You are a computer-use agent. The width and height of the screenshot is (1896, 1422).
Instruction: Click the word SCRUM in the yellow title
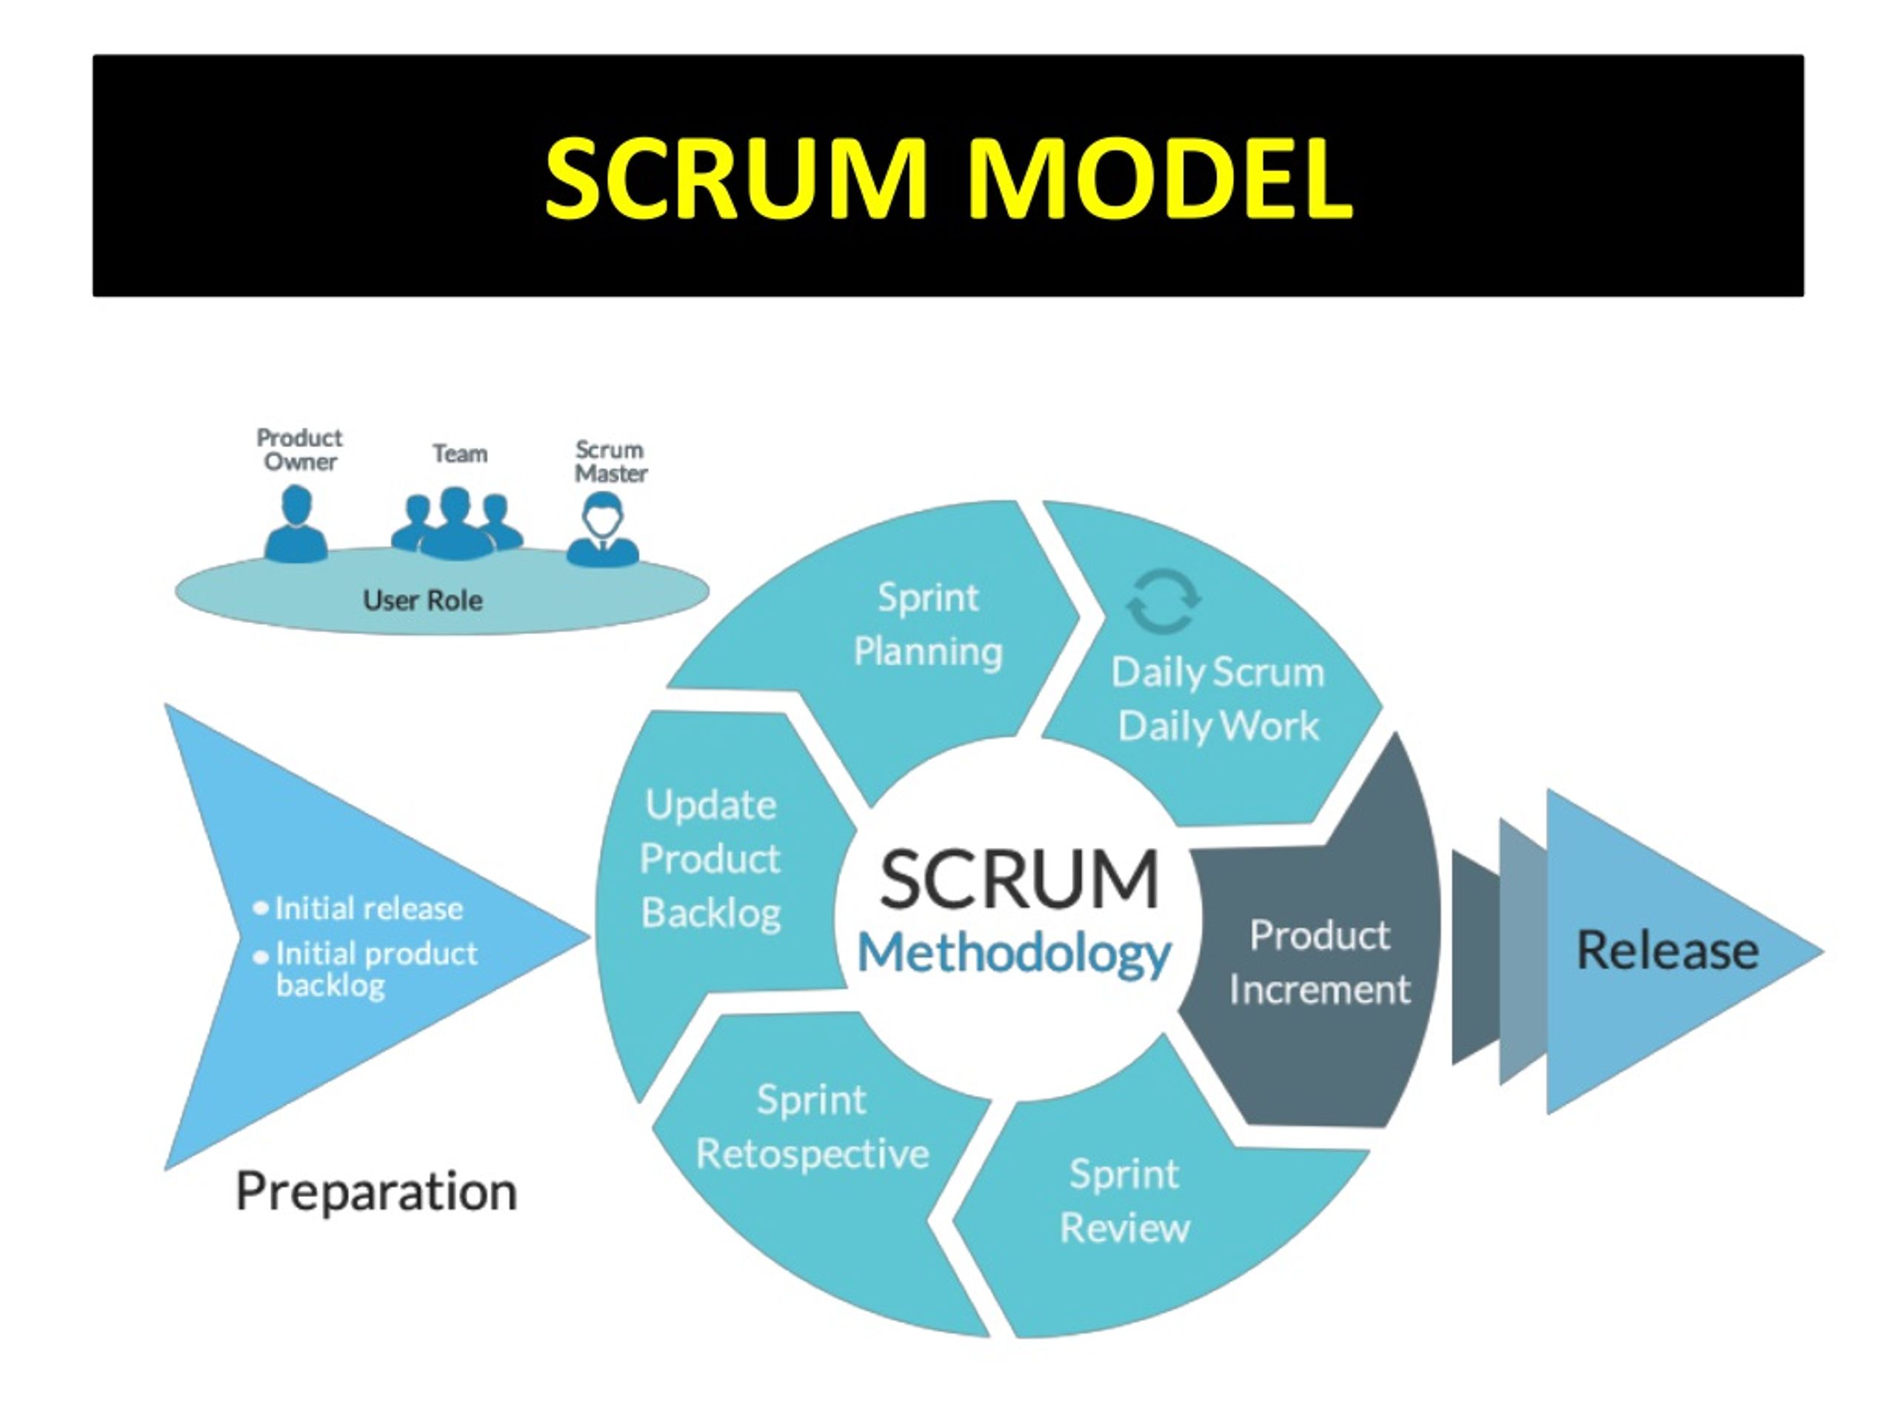735,179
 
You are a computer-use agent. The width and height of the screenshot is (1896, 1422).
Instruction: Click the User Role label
423,600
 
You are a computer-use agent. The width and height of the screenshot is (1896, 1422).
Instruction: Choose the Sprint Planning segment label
928,624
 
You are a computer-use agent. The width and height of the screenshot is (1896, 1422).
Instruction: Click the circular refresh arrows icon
1162,601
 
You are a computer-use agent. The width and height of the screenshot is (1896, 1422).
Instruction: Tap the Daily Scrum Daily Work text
1218,699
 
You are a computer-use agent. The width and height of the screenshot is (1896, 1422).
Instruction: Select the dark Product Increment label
1319,962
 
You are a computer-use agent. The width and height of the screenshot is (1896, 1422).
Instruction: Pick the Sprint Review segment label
1124,1201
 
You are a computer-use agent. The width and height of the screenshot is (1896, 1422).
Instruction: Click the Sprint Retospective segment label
812,1126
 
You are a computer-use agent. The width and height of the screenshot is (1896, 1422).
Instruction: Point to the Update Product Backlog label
710,859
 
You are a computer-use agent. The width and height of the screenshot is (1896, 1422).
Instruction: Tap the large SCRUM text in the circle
1019,878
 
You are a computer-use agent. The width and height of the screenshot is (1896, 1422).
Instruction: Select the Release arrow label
1668,950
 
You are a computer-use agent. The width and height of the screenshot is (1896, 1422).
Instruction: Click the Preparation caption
376,1192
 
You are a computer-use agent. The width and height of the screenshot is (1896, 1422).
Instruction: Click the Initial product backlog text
376,969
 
